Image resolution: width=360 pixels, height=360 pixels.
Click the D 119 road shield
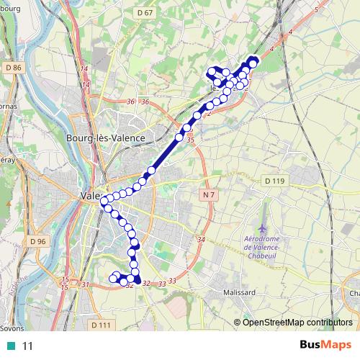coord(274,181)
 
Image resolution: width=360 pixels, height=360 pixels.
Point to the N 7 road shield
coord(209,195)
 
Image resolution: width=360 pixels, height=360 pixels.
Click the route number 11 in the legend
coord(28,346)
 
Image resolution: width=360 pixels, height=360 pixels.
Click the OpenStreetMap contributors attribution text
coord(297,322)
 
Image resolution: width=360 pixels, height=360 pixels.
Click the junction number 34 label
coord(201,240)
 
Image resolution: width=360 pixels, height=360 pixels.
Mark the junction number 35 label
coord(190,140)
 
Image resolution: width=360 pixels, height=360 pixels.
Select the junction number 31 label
coord(85,284)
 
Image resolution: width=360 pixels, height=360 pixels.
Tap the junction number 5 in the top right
coord(317,9)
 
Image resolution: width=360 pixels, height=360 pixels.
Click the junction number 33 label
coord(172,281)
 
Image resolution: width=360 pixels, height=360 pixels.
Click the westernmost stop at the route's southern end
coord(112,277)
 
